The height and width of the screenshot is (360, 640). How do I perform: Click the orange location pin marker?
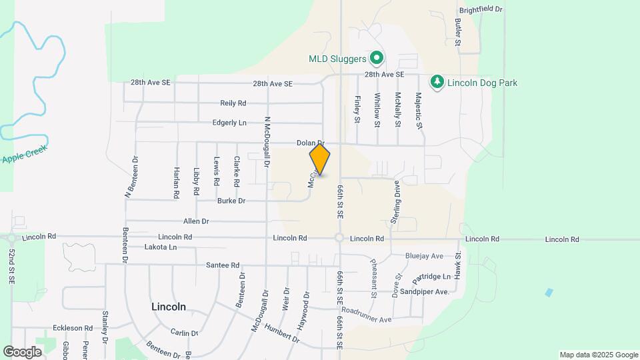coord(320,159)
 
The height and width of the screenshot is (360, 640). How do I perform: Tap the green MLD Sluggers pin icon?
coord(376,59)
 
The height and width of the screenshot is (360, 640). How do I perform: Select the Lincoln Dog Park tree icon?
coord(437,83)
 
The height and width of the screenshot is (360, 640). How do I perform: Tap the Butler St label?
coord(459,32)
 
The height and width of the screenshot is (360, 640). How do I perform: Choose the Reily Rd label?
coord(233,103)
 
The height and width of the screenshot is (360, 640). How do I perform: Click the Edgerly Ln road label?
coord(229,123)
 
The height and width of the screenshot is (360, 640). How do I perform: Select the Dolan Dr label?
coord(311,143)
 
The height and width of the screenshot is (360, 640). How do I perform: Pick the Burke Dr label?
coord(231,201)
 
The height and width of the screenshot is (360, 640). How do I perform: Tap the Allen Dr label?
coord(196,221)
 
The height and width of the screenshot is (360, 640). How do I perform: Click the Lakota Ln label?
coord(161,247)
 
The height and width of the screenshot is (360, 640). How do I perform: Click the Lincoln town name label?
coord(169,307)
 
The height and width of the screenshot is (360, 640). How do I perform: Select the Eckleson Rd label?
coord(73,328)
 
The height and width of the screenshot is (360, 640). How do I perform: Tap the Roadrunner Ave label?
coord(366,315)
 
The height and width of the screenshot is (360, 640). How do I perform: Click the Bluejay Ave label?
coord(424,256)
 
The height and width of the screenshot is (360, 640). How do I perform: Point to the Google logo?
coord(22,352)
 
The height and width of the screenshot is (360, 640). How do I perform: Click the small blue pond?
coord(548,292)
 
